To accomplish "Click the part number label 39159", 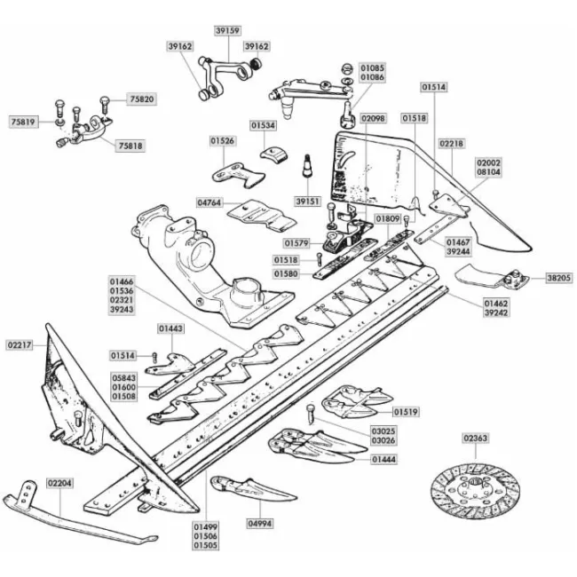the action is [x=228, y=30].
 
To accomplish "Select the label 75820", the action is [x=142, y=99].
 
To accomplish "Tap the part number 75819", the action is [x=23, y=122].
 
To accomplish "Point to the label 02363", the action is [x=476, y=439].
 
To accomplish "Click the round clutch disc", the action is [x=475, y=491].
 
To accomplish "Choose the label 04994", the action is [x=260, y=523].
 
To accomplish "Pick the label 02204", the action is [x=60, y=483].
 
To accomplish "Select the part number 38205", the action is [x=559, y=278].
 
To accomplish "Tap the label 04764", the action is [x=209, y=202].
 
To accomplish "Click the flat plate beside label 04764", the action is [x=261, y=216].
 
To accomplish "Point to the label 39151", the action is [x=308, y=202].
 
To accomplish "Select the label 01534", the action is [x=263, y=125].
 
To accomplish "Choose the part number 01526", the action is [x=223, y=141].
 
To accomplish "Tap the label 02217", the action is [x=20, y=345].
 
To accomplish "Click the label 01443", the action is [x=170, y=328].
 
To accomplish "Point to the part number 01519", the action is [x=406, y=412].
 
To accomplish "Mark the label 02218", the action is [x=452, y=143].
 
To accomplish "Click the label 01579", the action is [x=297, y=243].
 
